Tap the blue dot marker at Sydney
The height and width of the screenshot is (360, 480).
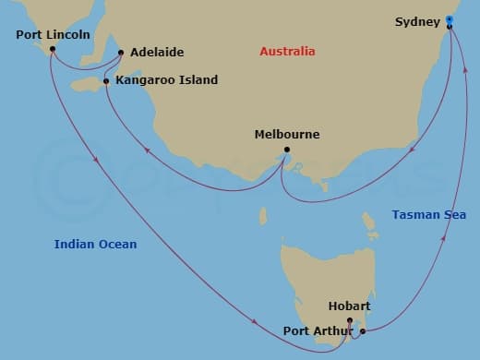(449, 18)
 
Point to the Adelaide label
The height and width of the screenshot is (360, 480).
(157, 53)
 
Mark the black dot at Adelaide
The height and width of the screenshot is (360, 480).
(121, 53)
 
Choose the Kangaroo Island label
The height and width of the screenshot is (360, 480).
(167, 80)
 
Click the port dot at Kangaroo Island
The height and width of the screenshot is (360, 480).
(107, 81)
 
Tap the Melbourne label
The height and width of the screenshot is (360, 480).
(287, 135)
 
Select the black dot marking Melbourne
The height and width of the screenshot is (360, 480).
(287, 150)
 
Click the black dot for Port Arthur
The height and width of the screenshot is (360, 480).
(362, 330)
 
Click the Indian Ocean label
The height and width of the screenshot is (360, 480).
(95, 244)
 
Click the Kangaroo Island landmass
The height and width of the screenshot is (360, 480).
(88, 85)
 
